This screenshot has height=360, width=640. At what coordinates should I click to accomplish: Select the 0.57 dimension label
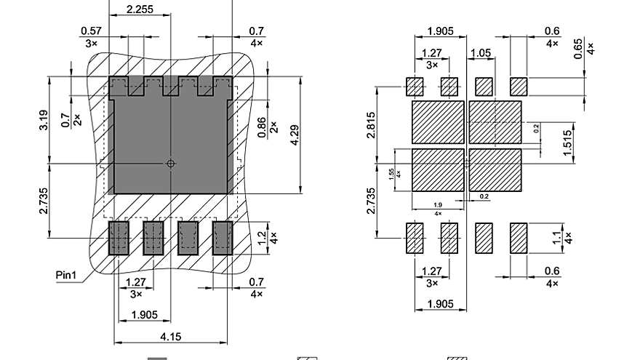[x=91, y=31]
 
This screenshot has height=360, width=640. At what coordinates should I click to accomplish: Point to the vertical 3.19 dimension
[x=41, y=120]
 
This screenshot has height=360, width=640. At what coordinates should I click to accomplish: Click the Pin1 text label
[x=67, y=276]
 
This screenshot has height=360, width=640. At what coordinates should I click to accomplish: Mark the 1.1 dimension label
[x=557, y=237]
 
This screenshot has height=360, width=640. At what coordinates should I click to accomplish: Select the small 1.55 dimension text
[x=391, y=172]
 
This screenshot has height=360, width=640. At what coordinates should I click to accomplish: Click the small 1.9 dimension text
[x=438, y=205]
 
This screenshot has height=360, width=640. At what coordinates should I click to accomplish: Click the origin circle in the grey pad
[x=171, y=164]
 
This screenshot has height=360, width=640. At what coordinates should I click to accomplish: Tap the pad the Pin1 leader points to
[x=119, y=238]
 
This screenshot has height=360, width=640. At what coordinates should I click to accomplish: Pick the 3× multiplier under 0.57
[x=91, y=43]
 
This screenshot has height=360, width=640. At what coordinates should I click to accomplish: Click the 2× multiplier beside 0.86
[x=273, y=126]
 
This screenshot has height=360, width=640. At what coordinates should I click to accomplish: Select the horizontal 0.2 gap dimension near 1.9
[x=483, y=196]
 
